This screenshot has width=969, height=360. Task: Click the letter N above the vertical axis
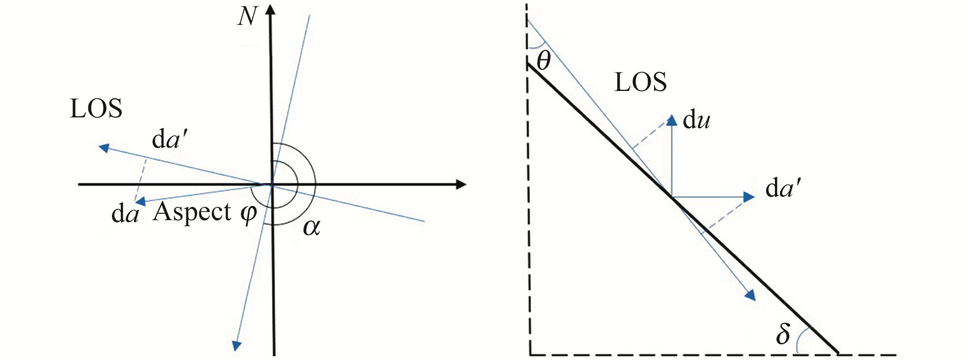tap(247, 16)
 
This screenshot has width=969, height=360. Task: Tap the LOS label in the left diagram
tap(96, 109)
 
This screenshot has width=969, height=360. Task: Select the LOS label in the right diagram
tap(640, 83)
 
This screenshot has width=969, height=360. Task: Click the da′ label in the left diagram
tap(169, 140)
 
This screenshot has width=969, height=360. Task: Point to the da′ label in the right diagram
tap(783, 188)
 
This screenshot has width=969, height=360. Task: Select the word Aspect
tap(192, 212)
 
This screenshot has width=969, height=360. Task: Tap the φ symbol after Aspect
tap(248, 213)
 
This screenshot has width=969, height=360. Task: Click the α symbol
tap(311, 227)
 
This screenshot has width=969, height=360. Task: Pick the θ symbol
tap(544, 60)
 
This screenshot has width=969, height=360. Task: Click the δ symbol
tap(783, 334)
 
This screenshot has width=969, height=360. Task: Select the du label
tap(696, 120)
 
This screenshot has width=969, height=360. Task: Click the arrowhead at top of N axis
tap(271, 9)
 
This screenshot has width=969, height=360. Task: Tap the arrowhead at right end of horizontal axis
tap(461, 184)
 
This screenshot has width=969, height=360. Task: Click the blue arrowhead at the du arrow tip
tap(671, 120)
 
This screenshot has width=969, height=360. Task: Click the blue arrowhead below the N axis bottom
tap(237, 345)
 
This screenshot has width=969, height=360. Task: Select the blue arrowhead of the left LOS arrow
tap(104, 148)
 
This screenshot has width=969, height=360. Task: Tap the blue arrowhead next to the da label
tap(140, 201)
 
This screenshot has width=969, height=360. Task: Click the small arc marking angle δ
tap(800, 339)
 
